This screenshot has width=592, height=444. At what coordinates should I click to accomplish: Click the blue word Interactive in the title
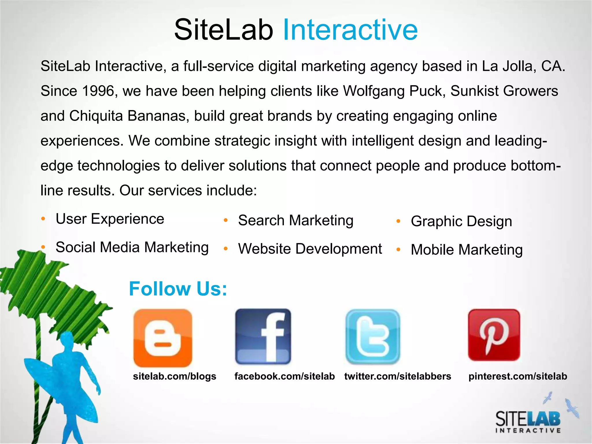coord(350,30)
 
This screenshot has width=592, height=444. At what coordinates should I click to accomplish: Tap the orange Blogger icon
coord(163,338)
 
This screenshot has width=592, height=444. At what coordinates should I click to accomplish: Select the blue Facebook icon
coord(263,336)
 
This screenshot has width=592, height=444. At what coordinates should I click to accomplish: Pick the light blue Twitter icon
coord(373,337)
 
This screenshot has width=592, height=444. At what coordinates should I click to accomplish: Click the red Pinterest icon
coord(494,335)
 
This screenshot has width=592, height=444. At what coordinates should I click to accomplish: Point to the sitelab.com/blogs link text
coord(175,376)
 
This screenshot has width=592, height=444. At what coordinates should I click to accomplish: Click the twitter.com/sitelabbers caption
coord(397,376)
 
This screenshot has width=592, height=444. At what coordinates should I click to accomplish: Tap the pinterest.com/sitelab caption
coord(517,376)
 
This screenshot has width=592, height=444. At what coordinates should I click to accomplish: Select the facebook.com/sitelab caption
coord(284,376)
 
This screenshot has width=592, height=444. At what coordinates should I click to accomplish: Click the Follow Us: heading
coord(178,289)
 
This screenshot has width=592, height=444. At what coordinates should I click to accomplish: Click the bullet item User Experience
coord(110,219)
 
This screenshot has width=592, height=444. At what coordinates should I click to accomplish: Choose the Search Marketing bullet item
coord(295,221)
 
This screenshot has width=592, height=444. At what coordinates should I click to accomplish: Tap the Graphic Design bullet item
coord(461,221)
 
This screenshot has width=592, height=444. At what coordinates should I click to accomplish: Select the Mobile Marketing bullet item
coord(467,250)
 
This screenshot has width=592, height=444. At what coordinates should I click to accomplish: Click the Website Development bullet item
coord(310,249)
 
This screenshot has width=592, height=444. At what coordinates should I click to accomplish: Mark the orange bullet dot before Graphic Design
coord(398,221)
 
